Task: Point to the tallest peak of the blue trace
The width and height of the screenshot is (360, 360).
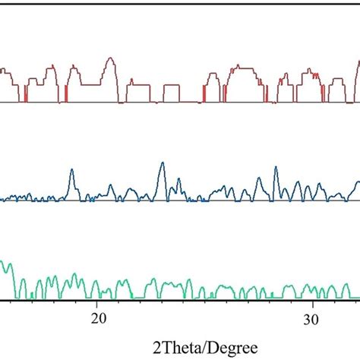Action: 162,164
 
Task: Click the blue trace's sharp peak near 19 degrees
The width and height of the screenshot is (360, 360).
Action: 72,171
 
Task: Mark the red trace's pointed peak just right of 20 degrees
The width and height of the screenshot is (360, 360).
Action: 111,58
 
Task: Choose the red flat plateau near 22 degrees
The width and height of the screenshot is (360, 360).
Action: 141,82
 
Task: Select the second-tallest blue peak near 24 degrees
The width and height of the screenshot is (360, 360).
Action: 178,181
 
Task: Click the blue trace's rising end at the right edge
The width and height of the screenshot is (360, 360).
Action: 357,183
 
